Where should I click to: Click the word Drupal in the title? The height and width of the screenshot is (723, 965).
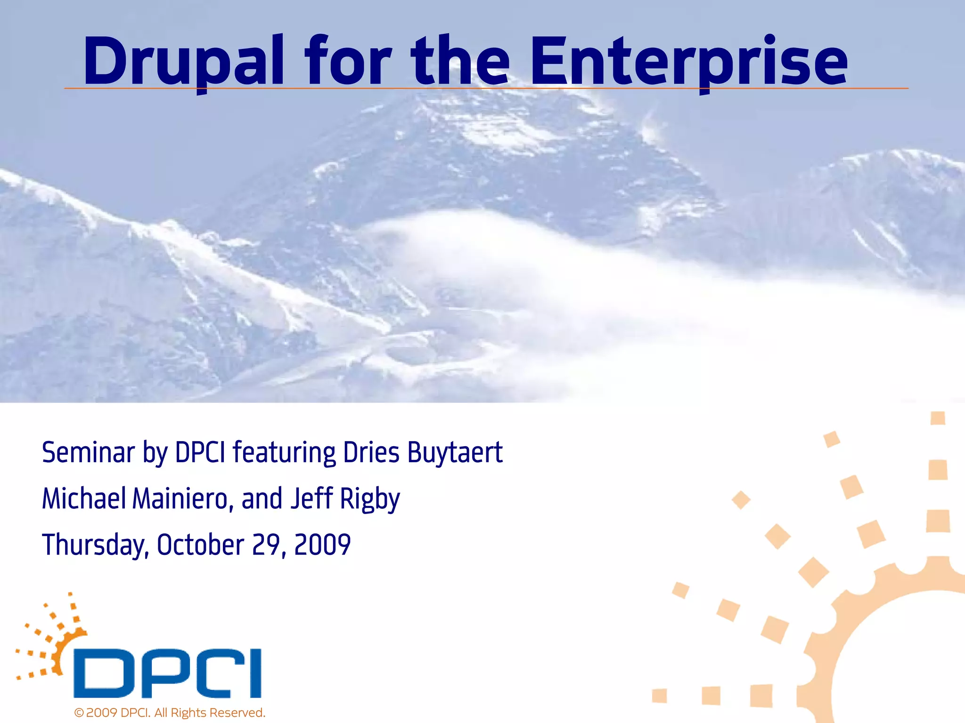tap(184, 61)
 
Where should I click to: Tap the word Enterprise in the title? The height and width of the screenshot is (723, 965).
tap(688, 61)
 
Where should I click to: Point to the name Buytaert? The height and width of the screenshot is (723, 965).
tap(455, 453)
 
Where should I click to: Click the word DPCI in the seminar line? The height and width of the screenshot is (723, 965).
tap(200, 453)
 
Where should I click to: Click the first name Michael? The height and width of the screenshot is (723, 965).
tap(84, 499)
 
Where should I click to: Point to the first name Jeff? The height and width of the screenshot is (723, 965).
tap(311, 499)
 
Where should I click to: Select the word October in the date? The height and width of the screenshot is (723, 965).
tap(200, 545)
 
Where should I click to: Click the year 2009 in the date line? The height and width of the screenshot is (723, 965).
tap(322, 545)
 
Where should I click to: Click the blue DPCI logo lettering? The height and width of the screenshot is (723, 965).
tap(167, 673)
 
